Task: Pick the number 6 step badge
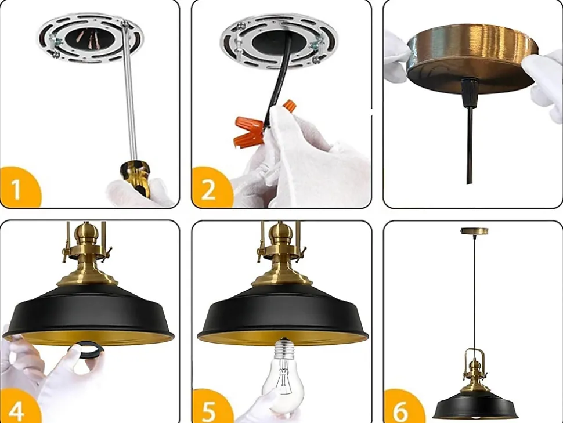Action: [x=403, y=407]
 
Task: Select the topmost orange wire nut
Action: [x=290, y=106]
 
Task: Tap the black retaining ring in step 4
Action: [x=85, y=349]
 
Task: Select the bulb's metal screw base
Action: [x=284, y=348]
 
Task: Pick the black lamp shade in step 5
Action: [x=283, y=316]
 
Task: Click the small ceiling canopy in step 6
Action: [x=474, y=230]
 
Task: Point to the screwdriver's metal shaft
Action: [x=129, y=93]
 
